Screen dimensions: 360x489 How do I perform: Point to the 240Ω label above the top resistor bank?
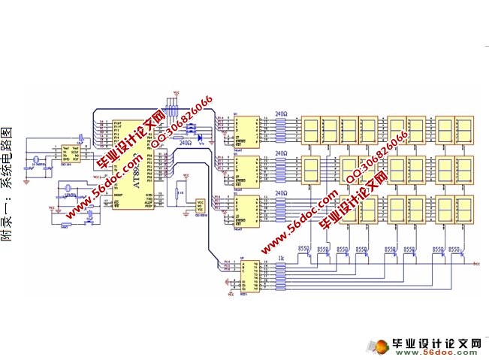pos(282,113)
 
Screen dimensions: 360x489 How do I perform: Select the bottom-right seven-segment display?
pos(466,211)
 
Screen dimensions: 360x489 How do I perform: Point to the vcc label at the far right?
pos(476,265)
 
